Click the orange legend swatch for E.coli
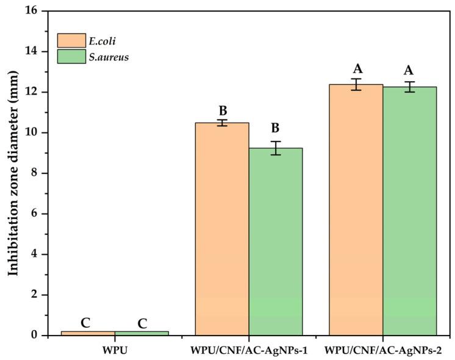[x=71, y=40]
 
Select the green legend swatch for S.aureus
[x=71, y=57]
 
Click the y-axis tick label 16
[x=31, y=11]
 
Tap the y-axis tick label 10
[x=31, y=132]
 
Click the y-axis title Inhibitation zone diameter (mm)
[x=13, y=173]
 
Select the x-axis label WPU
[x=115, y=351]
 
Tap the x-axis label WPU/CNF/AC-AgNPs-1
[x=249, y=351]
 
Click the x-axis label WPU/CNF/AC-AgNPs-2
[x=383, y=351]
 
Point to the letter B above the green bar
[x=276, y=128]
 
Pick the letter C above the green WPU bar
[x=142, y=323]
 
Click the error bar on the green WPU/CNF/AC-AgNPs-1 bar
[x=276, y=148]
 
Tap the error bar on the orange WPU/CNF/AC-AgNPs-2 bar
[x=356, y=84]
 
